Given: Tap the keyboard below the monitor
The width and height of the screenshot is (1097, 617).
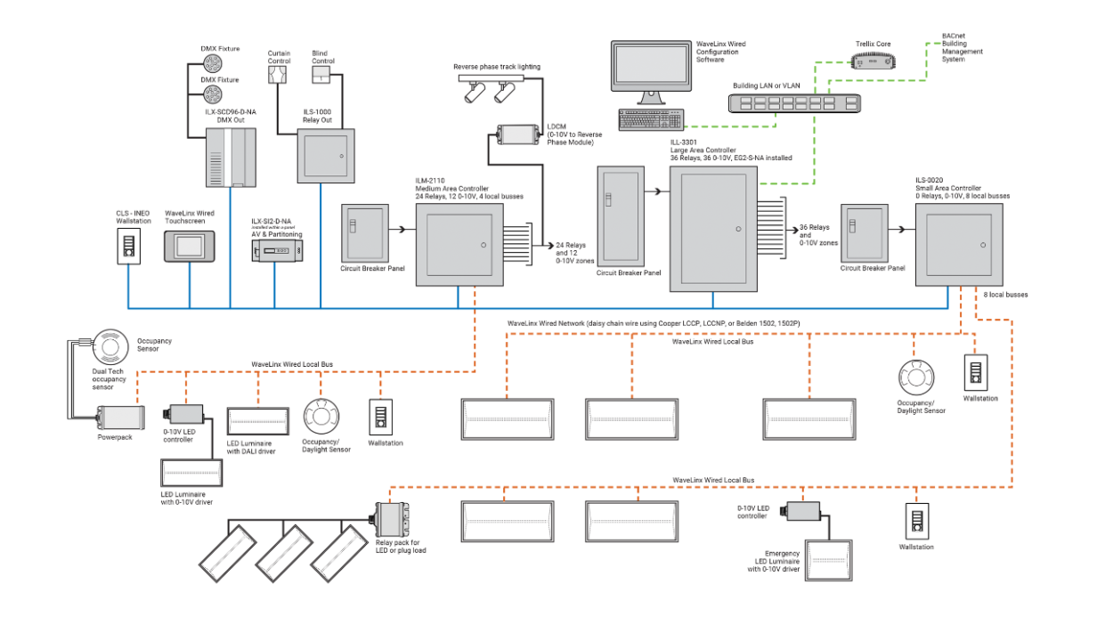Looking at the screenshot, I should [x=651, y=119].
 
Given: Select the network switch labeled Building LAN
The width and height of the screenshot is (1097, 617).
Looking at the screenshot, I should [x=794, y=103].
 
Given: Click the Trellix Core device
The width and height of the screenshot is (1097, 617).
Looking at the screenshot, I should [x=872, y=61].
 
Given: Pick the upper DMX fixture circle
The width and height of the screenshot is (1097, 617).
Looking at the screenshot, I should [x=213, y=63].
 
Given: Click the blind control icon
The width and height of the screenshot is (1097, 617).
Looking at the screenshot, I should [x=321, y=74].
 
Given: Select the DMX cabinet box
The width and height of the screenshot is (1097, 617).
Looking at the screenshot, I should [x=231, y=158].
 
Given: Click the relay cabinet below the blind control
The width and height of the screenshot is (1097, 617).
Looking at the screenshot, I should [x=325, y=156].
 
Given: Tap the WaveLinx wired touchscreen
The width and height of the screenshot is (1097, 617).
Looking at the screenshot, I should [x=189, y=246].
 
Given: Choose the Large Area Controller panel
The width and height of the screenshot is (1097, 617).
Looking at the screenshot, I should [x=713, y=230].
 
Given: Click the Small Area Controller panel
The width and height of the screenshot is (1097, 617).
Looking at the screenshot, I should [x=958, y=245].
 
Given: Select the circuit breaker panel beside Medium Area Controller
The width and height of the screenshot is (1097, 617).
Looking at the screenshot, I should [x=365, y=234].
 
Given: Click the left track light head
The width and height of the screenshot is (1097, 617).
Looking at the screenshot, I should [x=471, y=93].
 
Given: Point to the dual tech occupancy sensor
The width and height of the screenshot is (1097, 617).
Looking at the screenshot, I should [x=110, y=347].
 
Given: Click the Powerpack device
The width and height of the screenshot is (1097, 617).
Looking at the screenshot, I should [x=120, y=418].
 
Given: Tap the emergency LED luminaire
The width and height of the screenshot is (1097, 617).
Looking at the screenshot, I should [x=827, y=560].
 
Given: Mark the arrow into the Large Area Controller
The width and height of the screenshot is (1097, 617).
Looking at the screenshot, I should [x=657, y=191].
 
